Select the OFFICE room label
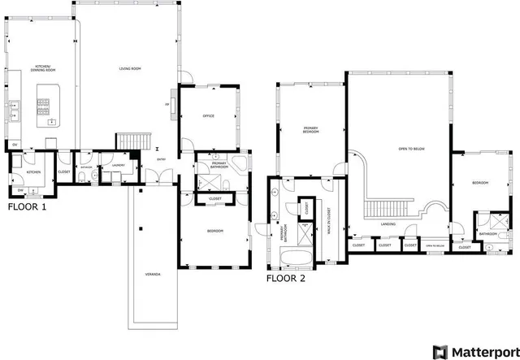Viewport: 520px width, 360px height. [208, 117]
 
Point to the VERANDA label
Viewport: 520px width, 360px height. [153, 274]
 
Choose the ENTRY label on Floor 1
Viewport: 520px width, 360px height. [162, 159]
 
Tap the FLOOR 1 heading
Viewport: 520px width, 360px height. [27, 207]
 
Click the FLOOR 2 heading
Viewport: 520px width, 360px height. [286, 278]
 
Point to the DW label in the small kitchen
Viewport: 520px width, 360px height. [20, 190]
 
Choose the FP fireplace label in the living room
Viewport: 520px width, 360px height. [167, 104]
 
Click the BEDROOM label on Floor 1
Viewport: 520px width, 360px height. [214, 232]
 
